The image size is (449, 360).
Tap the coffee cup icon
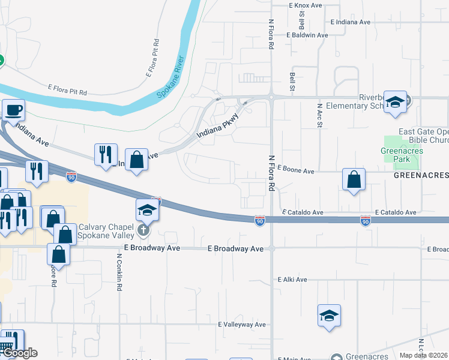(13, 110)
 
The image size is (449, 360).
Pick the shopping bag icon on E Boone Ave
(354, 179)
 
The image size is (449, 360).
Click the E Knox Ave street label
(306, 5)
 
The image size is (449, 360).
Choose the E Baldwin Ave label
(307, 35)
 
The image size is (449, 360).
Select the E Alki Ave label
(292, 280)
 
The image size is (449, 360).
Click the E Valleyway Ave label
(242, 325)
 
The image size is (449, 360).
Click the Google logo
(20, 353)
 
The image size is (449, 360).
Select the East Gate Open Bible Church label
(424, 136)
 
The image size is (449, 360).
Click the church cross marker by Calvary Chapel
(143, 230)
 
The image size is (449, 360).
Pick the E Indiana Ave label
(351, 22)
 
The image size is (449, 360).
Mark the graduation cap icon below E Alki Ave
(329, 316)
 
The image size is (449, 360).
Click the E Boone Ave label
(297, 171)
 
